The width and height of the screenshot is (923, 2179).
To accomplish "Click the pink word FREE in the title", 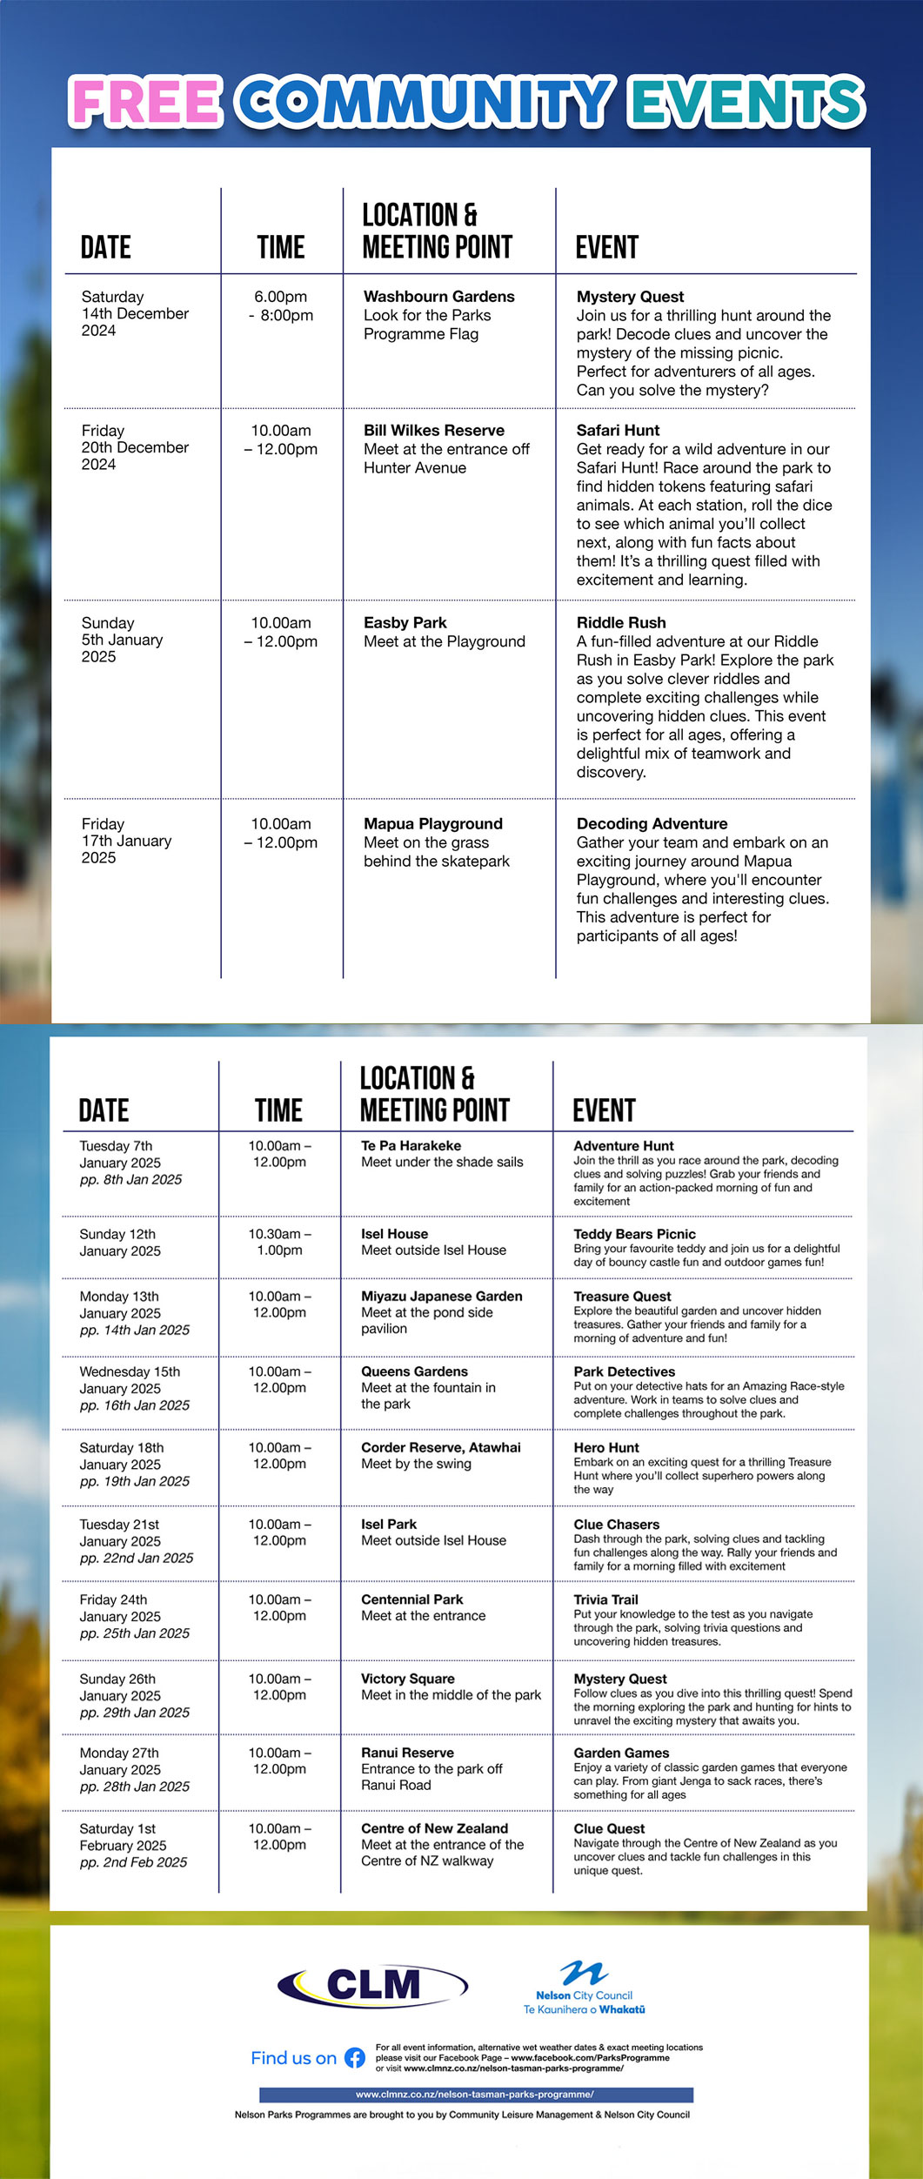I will (146, 102).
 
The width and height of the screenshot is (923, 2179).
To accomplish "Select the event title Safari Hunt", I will (618, 430).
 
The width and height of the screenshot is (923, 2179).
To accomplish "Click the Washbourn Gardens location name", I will (438, 297).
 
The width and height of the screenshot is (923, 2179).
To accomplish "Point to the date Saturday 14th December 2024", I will (135, 313).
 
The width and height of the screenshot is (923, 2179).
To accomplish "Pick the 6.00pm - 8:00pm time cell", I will (280, 306).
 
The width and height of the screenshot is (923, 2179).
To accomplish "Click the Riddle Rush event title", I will (621, 622).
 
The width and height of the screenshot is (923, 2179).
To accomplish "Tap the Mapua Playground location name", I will (432, 823).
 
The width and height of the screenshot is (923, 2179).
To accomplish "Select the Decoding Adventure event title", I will (652, 823).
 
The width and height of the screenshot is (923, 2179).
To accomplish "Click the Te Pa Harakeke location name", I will (411, 1146).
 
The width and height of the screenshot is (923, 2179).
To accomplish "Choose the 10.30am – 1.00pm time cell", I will (279, 1242).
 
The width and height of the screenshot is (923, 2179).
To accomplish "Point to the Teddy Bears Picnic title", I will (634, 1234).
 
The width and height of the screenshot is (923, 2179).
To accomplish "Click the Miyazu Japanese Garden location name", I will (442, 1296).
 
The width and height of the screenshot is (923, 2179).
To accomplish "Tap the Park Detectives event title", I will (624, 1371).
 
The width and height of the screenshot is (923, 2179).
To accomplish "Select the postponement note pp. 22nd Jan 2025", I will (137, 1558).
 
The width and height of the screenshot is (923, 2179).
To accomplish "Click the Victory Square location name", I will (407, 1679).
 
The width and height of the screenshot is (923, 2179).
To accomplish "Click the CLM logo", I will (372, 1985).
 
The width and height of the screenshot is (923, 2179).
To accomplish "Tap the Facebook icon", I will (355, 2058).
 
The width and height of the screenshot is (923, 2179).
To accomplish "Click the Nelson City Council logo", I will (584, 1988).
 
